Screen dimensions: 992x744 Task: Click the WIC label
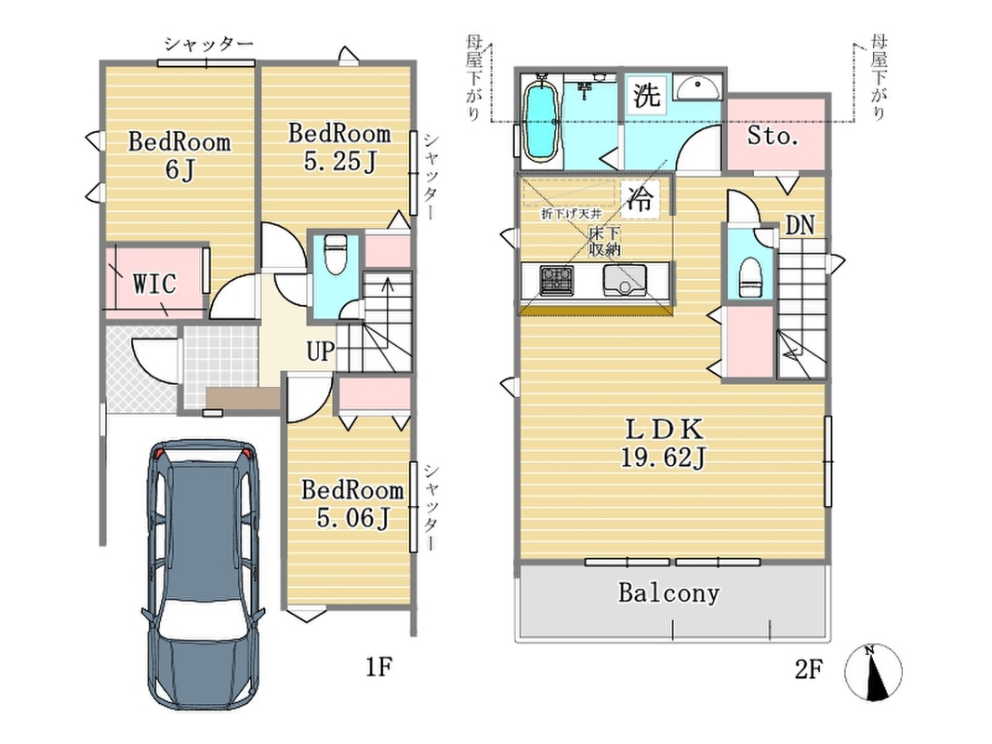[154, 284]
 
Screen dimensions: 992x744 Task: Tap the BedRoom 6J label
[179, 155]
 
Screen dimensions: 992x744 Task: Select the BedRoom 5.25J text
[339, 148]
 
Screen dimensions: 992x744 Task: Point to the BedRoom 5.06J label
[351, 503]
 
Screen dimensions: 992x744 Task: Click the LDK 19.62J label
[663, 444]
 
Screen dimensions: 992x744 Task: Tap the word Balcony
[668, 592]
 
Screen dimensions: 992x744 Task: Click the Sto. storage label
[773, 136]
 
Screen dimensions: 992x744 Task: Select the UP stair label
[320, 352]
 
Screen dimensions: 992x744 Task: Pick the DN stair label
[800, 225]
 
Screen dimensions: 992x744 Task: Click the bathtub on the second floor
[541, 122]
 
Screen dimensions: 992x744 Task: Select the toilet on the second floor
[750, 277]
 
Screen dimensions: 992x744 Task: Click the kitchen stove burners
[557, 281]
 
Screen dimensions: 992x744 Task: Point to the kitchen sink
[625, 280]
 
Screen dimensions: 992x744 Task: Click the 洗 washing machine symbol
[646, 96]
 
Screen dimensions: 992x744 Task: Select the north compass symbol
[873, 672]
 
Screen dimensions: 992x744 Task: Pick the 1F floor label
[379, 666]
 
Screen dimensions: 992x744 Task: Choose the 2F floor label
[809, 669]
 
